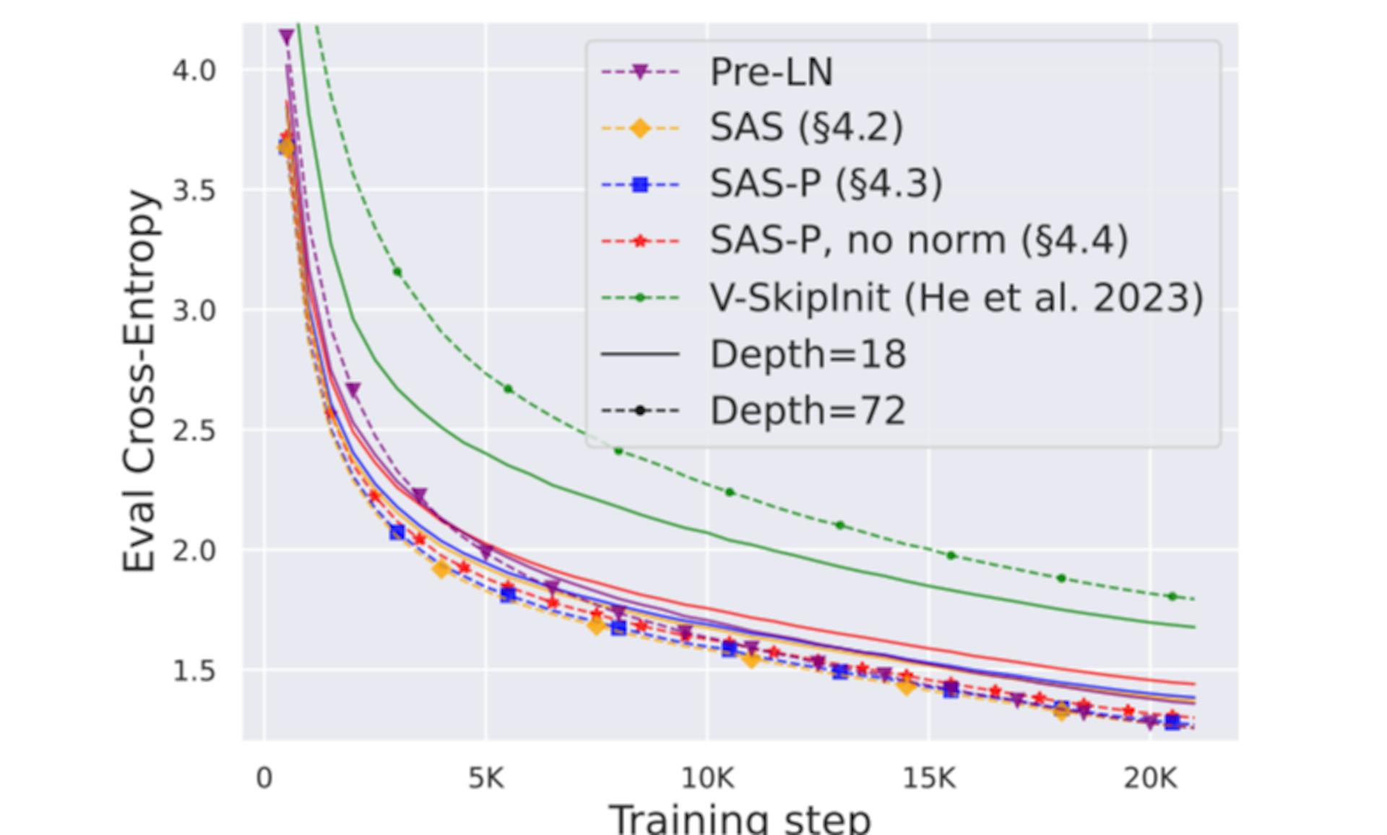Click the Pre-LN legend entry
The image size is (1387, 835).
pos(771,72)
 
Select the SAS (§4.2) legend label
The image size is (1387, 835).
pos(806,128)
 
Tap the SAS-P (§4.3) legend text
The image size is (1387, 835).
pos(826,184)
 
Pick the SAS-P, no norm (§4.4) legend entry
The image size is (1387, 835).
pos(918,240)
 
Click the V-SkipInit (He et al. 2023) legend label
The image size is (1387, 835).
pos(956,297)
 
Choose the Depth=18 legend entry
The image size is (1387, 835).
pos(808,354)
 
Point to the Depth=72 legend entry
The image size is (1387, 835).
pos(808,410)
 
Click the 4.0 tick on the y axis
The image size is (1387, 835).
pos(194,71)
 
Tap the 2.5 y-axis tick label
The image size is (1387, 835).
pos(194,431)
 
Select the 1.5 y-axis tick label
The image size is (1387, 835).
pos(194,671)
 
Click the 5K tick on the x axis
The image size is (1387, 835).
pos(485,778)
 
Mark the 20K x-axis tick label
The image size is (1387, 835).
pos(1150,778)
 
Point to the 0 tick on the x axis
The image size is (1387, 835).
pos(264,778)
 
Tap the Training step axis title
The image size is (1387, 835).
pos(740,819)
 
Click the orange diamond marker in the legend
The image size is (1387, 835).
pos(640,129)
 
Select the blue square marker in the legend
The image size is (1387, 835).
pos(640,185)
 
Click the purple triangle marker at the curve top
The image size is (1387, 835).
pos(286,37)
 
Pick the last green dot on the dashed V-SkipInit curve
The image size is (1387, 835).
pos(1172,597)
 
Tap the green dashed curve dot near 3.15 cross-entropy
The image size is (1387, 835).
pos(397,272)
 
